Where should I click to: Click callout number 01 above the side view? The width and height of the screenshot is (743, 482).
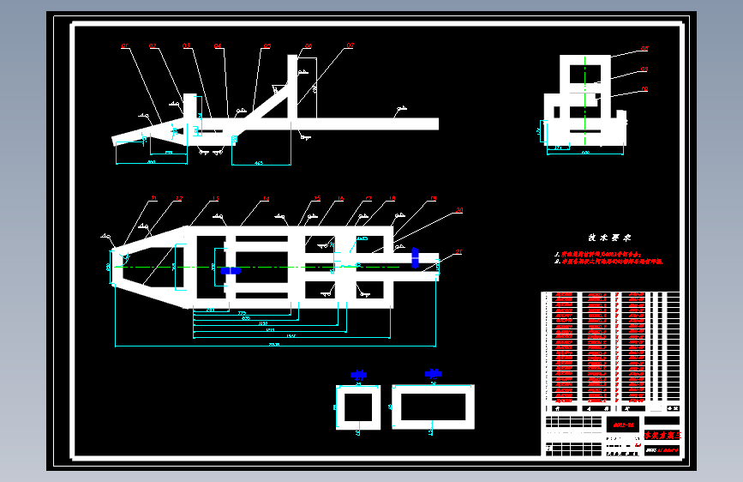pyautogui.click(x=124, y=45)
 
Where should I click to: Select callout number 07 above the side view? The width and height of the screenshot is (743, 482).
pyautogui.click(x=351, y=45)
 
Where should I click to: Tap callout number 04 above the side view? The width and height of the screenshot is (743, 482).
pyautogui.click(x=219, y=45)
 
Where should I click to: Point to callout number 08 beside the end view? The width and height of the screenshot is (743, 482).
pyautogui.click(x=644, y=49)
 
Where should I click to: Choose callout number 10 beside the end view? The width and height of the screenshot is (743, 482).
pyautogui.click(x=644, y=88)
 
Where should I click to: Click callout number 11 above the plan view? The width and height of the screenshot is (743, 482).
pyautogui.click(x=153, y=199)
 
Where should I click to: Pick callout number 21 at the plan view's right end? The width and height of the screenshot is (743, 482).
pyautogui.click(x=459, y=252)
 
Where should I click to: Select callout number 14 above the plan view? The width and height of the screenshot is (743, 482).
pyautogui.click(x=266, y=199)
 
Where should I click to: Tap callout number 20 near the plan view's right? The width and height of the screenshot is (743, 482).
pyautogui.click(x=459, y=210)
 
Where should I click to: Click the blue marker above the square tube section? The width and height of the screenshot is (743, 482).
pyautogui.click(x=358, y=375)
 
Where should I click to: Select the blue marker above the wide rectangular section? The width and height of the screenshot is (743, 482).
pyautogui.click(x=433, y=374)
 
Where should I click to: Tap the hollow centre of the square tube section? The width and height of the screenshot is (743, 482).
pyautogui.click(x=358, y=407)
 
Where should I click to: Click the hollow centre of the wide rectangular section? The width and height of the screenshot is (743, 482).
pyautogui.click(x=432, y=407)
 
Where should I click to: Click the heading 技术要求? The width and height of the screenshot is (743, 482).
pyautogui.click(x=609, y=238)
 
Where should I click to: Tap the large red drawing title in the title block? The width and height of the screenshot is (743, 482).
pyautogui.click(x=662, y=437)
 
